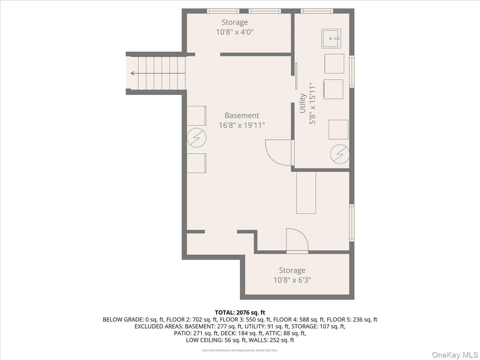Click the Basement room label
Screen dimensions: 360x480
(242, 116)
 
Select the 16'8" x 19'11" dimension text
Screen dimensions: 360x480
(242, 125)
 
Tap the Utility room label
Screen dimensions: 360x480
(303, 103)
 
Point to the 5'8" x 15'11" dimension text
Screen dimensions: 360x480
(312, 103)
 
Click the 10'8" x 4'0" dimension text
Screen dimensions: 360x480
(235, 32)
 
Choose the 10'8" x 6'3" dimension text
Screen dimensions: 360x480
(292, 280)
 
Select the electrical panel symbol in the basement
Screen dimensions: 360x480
(196, 138)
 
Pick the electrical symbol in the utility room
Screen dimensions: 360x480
(340, 153)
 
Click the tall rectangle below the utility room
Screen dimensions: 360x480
(306, 192)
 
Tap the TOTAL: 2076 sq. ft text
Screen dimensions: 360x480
(240, 312)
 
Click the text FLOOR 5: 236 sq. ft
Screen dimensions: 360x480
(352, 320)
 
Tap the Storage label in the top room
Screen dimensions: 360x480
(235, 22)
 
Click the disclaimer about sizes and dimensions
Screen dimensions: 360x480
(240, 350)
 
